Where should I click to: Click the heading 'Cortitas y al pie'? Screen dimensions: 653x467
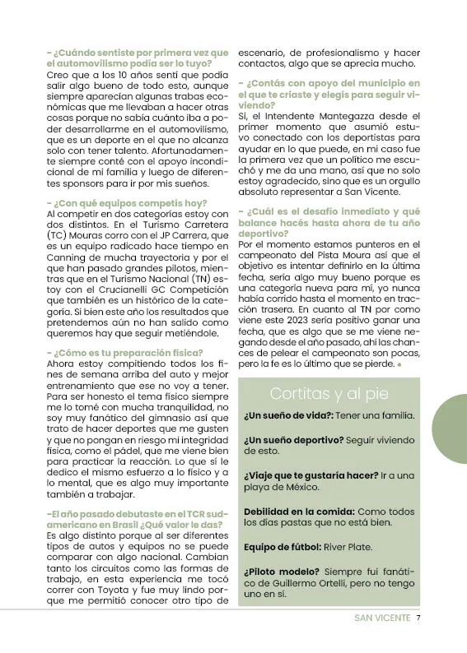tap(329, 393)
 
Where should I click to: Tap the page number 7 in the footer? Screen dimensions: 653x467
tap(419, 618)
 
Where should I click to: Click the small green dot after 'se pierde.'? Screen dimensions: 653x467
tap(399, 363)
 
